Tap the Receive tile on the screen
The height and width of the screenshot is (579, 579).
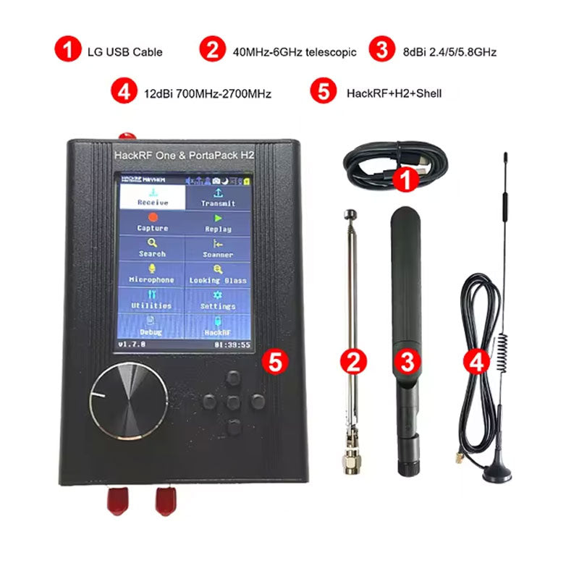point(152,198)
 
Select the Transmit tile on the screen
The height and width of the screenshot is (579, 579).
point(218,198)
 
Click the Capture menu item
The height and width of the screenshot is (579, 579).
point(152,223)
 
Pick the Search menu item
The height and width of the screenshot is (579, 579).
point(152,249)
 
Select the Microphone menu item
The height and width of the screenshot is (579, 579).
point(152,275)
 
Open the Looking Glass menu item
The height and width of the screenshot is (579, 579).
point(218,275)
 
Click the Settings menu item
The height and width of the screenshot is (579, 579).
point(218,300)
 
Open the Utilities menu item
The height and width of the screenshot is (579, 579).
point(152,300)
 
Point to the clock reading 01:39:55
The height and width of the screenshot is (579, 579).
point(232,345)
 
